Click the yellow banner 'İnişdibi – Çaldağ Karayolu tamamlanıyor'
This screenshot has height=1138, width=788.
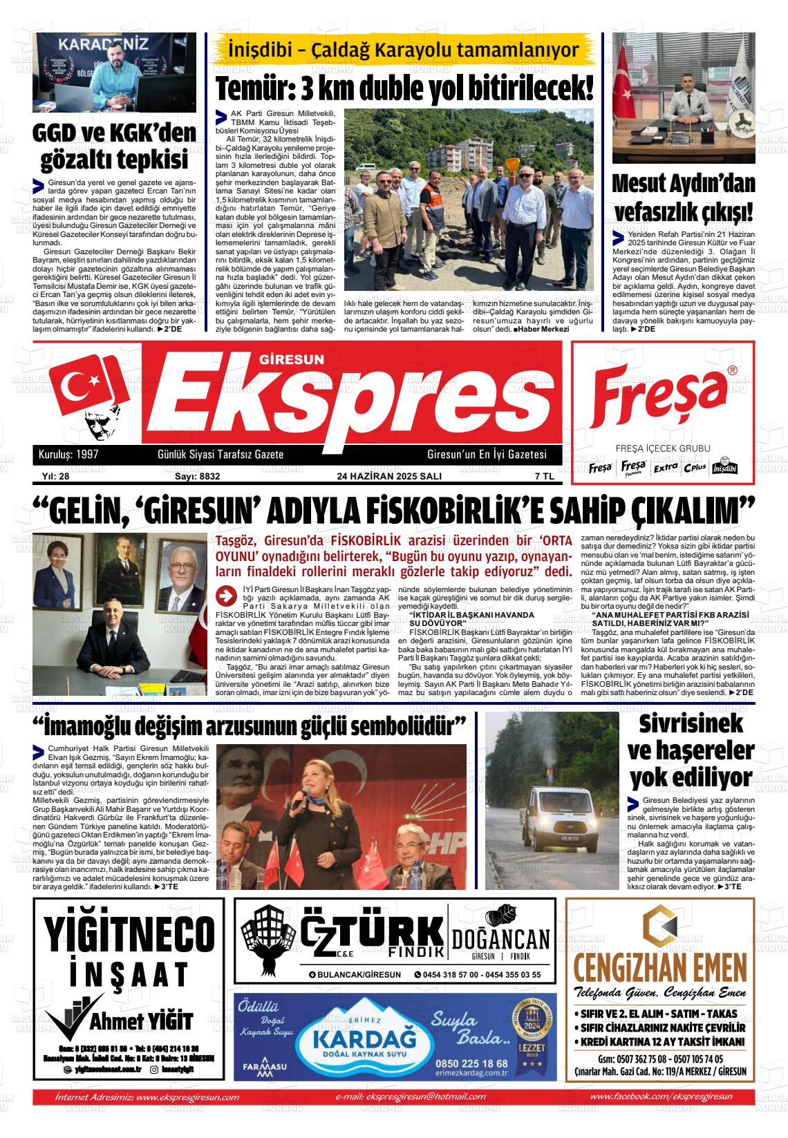point(404,50)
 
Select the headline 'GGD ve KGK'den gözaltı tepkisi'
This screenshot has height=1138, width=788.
point(115,146)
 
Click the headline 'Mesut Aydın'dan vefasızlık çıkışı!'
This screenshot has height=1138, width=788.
point(683,197)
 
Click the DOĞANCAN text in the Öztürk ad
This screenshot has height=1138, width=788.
point(500,939)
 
